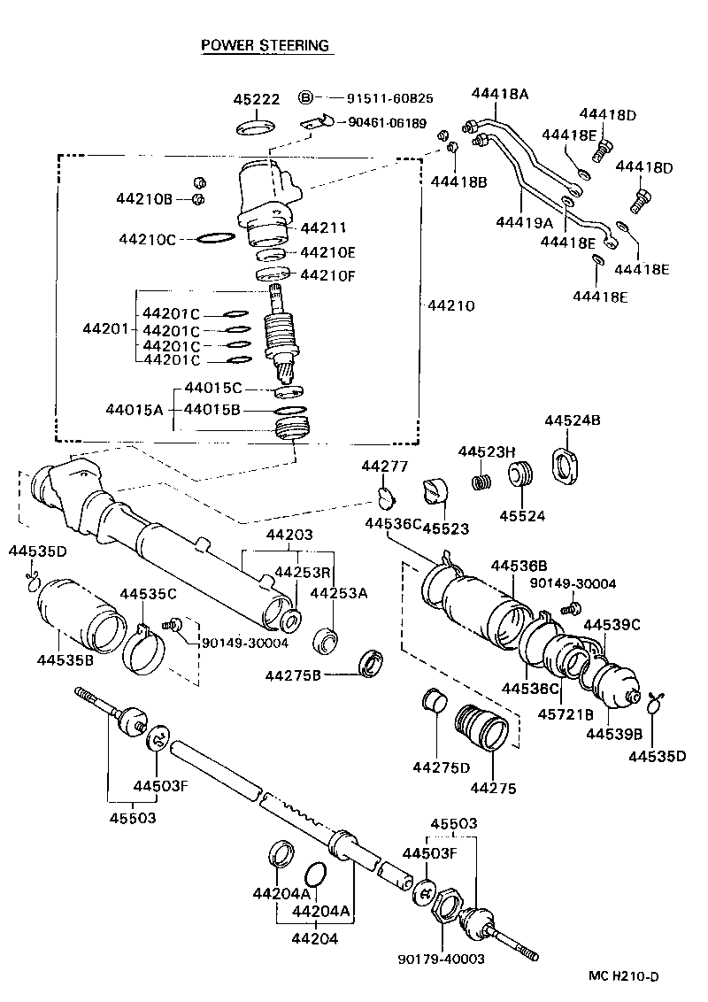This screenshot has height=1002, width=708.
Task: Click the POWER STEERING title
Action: click(265, 45)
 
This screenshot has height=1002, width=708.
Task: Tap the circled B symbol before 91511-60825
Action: click(305, 97)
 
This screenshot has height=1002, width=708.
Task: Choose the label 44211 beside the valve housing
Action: click(323, 227)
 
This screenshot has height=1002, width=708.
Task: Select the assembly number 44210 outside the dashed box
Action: click(451, 306)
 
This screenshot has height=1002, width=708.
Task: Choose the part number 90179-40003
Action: click(442, 958)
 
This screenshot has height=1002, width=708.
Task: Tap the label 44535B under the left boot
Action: click(66, 659)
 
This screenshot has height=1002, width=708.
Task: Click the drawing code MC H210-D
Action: click(625, 977)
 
